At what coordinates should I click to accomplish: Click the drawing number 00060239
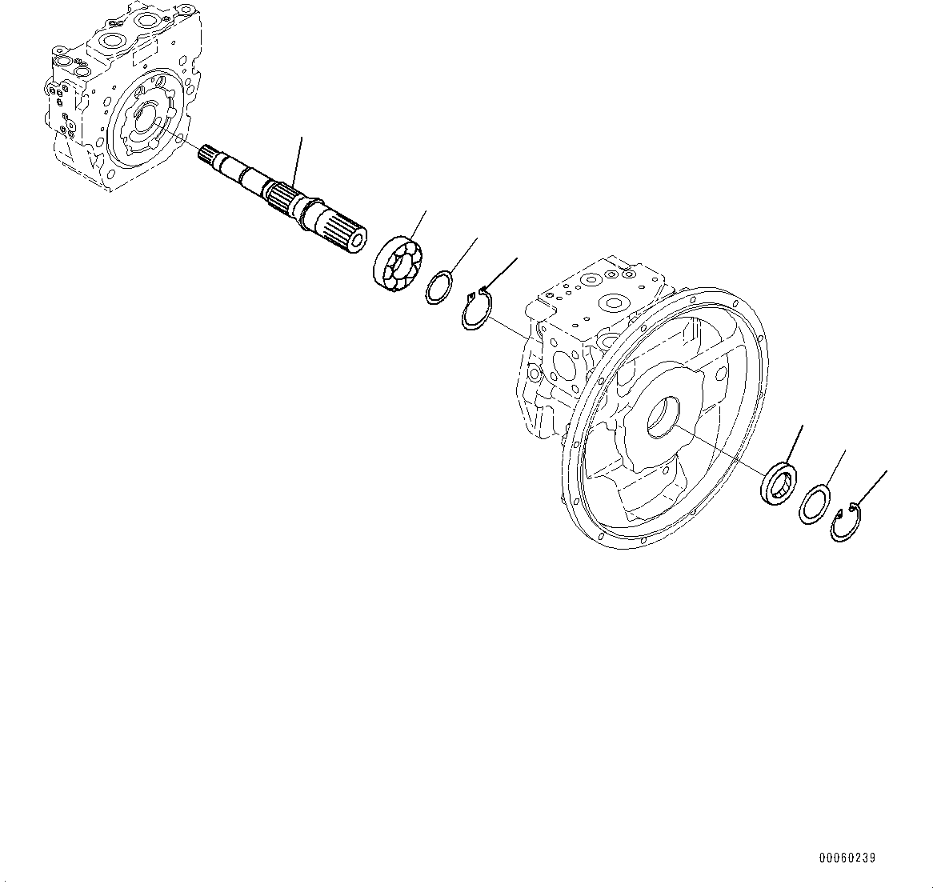(x=847, y=858)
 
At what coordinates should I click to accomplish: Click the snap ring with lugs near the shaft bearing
(x=479, y=310)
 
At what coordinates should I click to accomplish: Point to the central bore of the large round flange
(x=662, y=418)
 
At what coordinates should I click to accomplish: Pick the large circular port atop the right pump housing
(x=615, y=303)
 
